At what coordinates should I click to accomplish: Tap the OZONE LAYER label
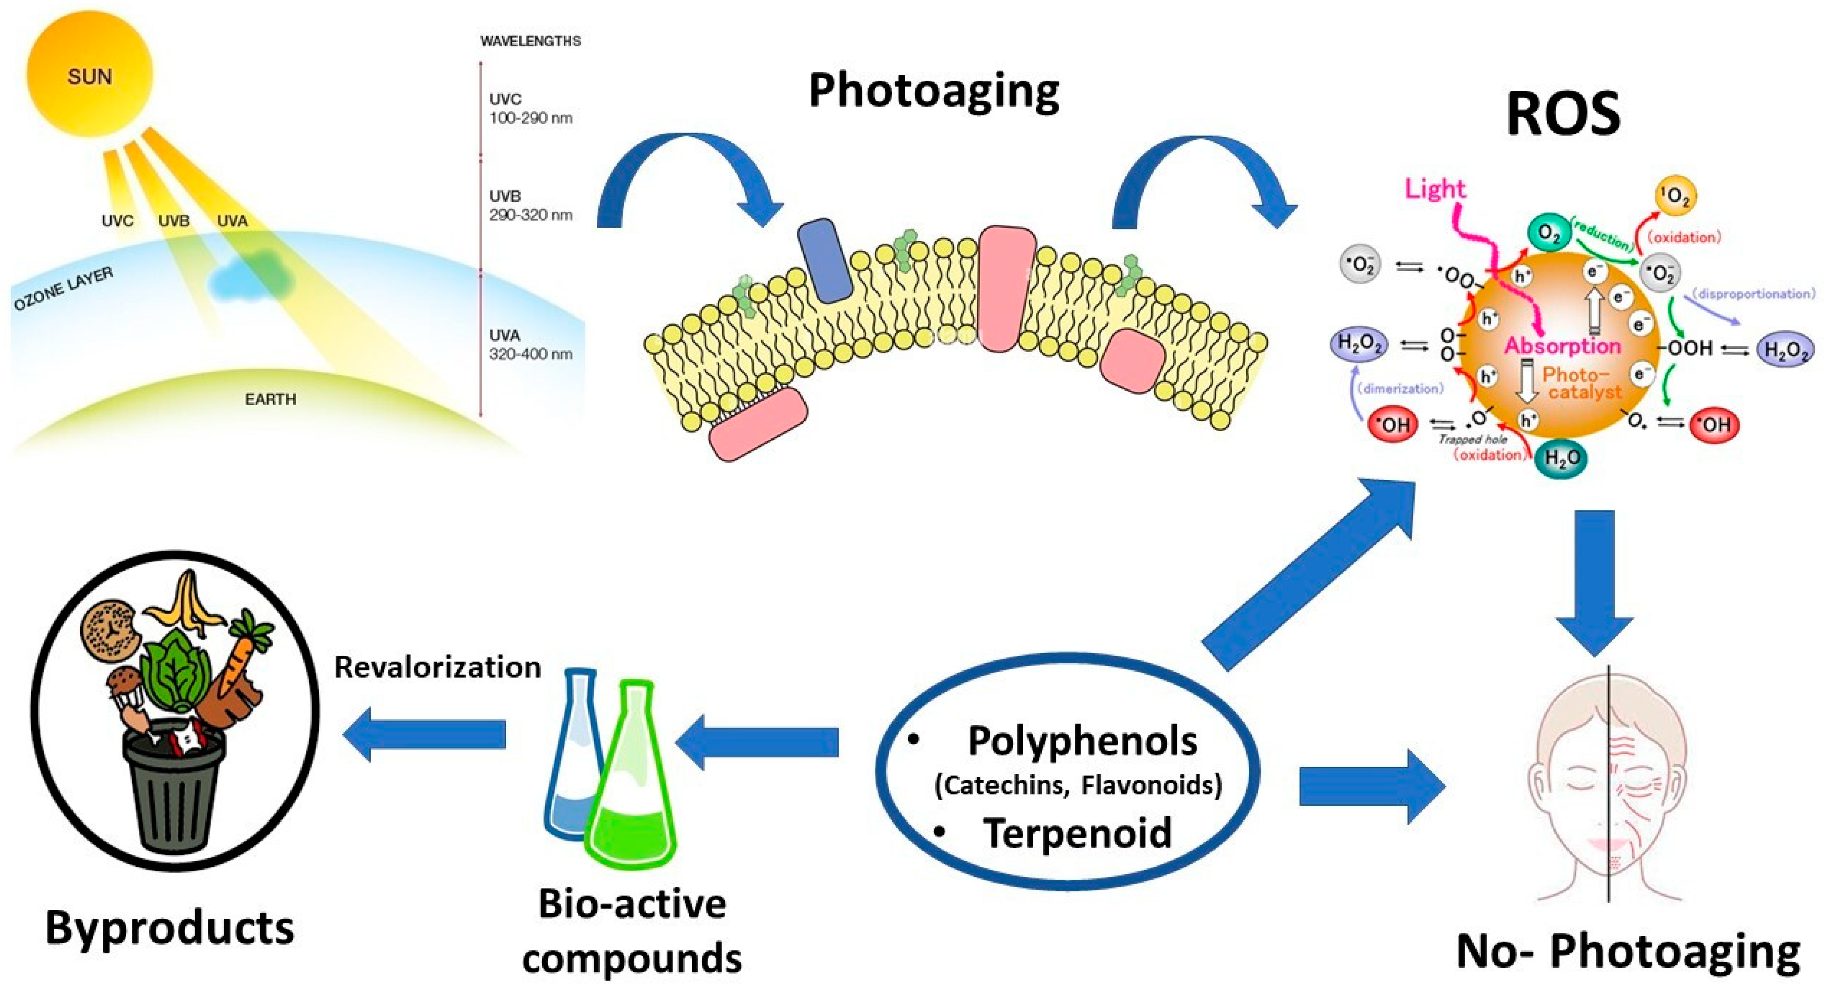64,289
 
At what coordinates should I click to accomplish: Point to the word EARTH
270,399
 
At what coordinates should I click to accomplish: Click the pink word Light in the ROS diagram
1435,188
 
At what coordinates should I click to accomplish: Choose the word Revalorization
437,667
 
